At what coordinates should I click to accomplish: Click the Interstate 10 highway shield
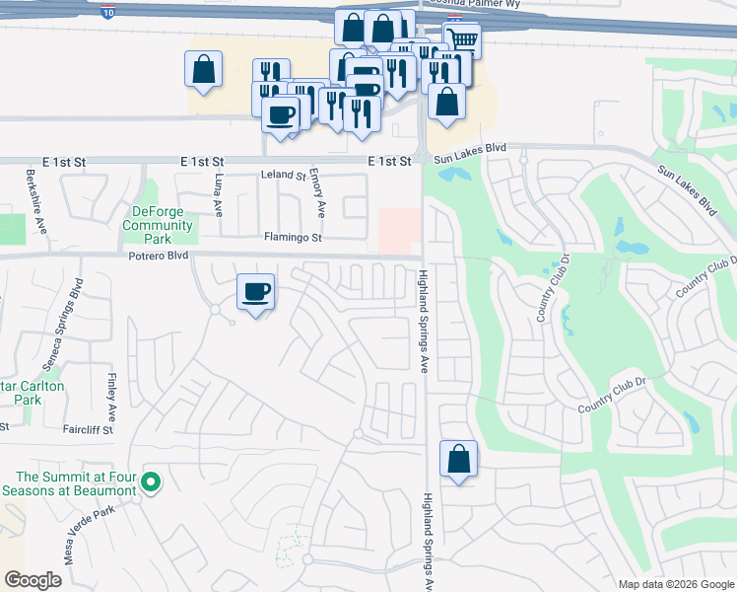point(106,11)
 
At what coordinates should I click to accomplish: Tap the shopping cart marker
point(462,39)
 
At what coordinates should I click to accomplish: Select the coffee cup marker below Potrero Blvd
point(256,292)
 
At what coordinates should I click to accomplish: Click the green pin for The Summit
point(151,482)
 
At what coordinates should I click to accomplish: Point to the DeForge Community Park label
point(158,226)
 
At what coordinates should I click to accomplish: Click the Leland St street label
point(284,175)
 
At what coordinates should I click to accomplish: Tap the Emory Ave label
point(318,193)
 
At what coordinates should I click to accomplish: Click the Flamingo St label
point(293,238)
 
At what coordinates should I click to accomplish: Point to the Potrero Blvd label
point(159,255)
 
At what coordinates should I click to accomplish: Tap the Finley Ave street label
point(112,394)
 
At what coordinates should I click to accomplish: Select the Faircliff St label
point(88,429)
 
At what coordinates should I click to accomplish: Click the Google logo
point(33,580)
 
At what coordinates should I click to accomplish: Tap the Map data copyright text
point(674,584)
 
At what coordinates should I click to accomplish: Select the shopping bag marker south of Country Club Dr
point(458,459)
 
